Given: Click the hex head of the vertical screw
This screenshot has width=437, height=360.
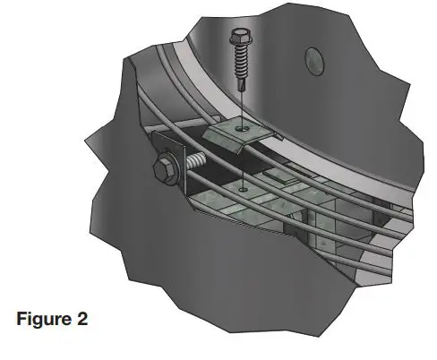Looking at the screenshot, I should point(240,37).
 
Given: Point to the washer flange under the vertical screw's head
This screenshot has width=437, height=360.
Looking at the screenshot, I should point(240,47).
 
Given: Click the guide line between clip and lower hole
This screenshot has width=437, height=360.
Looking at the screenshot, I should point(243,161).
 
